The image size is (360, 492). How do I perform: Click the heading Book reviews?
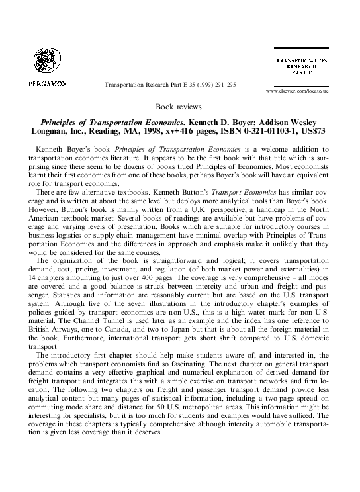click(179, 107)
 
